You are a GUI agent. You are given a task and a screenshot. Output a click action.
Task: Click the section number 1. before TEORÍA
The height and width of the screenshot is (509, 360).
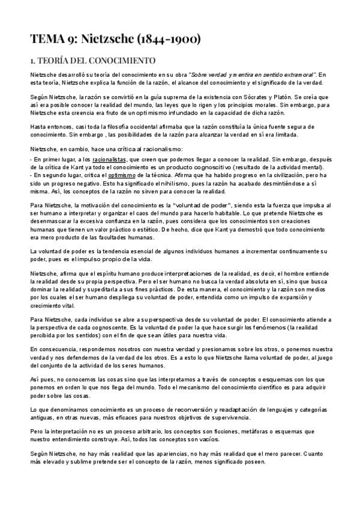[34, 60]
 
